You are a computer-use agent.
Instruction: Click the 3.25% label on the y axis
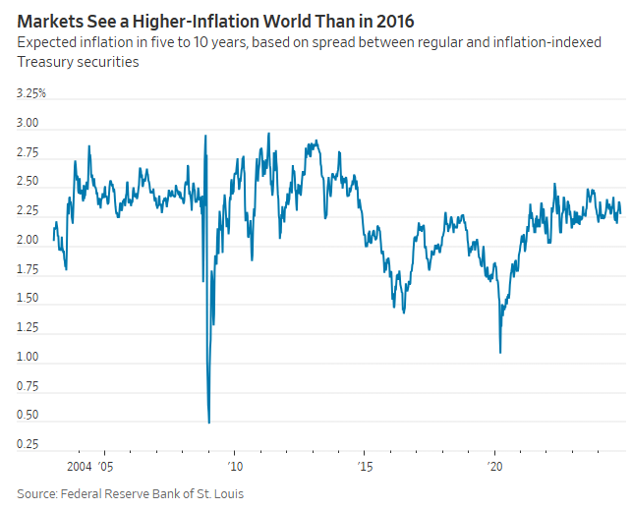click(x=30, y=93)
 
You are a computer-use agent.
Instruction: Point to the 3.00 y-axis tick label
click(x=28, y=124)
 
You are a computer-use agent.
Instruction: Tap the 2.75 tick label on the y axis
click(x=28, y=153)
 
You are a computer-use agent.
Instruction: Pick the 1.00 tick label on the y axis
click(x=28, y=357)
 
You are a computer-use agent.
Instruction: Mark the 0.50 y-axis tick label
click(x=28, y=416)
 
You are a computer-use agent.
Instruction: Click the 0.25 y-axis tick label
click(x=28, y=444)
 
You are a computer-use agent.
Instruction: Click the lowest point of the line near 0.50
click(x=209, y=423)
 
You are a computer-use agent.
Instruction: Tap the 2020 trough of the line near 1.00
click(x=500, y=352)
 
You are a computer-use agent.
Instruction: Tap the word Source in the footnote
click(x=36, y=493)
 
